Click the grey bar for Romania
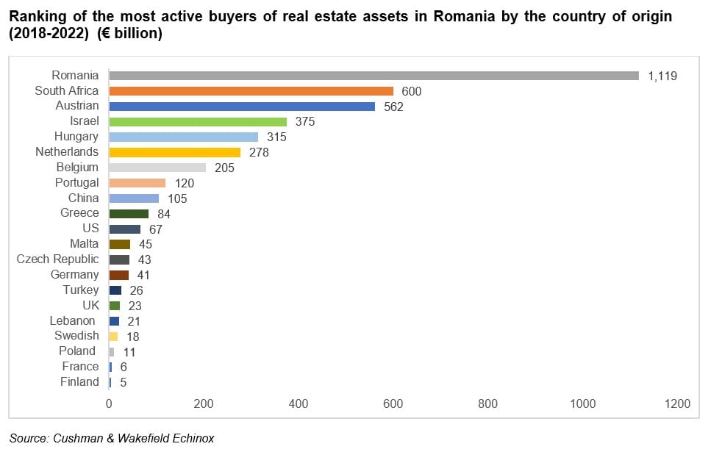click(374, 75)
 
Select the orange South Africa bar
click(251, 90)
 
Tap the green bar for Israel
click(198, 121)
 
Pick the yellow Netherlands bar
click(175, 152)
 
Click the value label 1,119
click(662, 76)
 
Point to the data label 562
click(393, 107)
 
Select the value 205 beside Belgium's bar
click(224, 168)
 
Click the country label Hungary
click(76, 137)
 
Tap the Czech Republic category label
click(57, 259)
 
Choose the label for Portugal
click(76, 182)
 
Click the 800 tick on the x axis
click(487, 403)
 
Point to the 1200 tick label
click(677, 403)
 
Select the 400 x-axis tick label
click(299, 403)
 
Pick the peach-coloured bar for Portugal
click(137, 183)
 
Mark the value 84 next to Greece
click(165, 214)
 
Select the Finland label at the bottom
click(79, 381)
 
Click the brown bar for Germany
click(119, 275)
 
